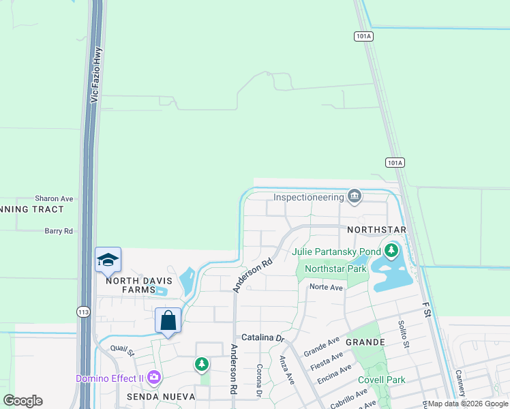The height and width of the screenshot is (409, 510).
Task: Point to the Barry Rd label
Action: point(59,231)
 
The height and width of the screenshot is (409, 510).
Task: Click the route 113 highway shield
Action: point(83,312)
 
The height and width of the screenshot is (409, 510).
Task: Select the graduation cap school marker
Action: point(108,260)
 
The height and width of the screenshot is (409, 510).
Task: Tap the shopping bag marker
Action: point(168,320)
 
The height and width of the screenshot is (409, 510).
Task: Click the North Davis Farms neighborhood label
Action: point(134,279)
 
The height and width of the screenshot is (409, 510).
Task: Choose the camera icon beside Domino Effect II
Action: point(154,377)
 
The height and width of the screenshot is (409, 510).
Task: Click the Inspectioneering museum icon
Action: point(354,197)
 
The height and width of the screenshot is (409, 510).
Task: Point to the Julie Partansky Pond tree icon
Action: point(391,252)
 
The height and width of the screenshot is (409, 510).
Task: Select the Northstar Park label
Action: point(335,269)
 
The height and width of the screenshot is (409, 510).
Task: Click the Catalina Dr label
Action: point(262,337)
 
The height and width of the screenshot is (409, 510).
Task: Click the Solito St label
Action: point(403,335)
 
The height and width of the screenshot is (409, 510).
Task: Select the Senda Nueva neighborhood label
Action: point(156,396)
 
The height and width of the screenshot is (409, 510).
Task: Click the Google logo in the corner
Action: point(23,401)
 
